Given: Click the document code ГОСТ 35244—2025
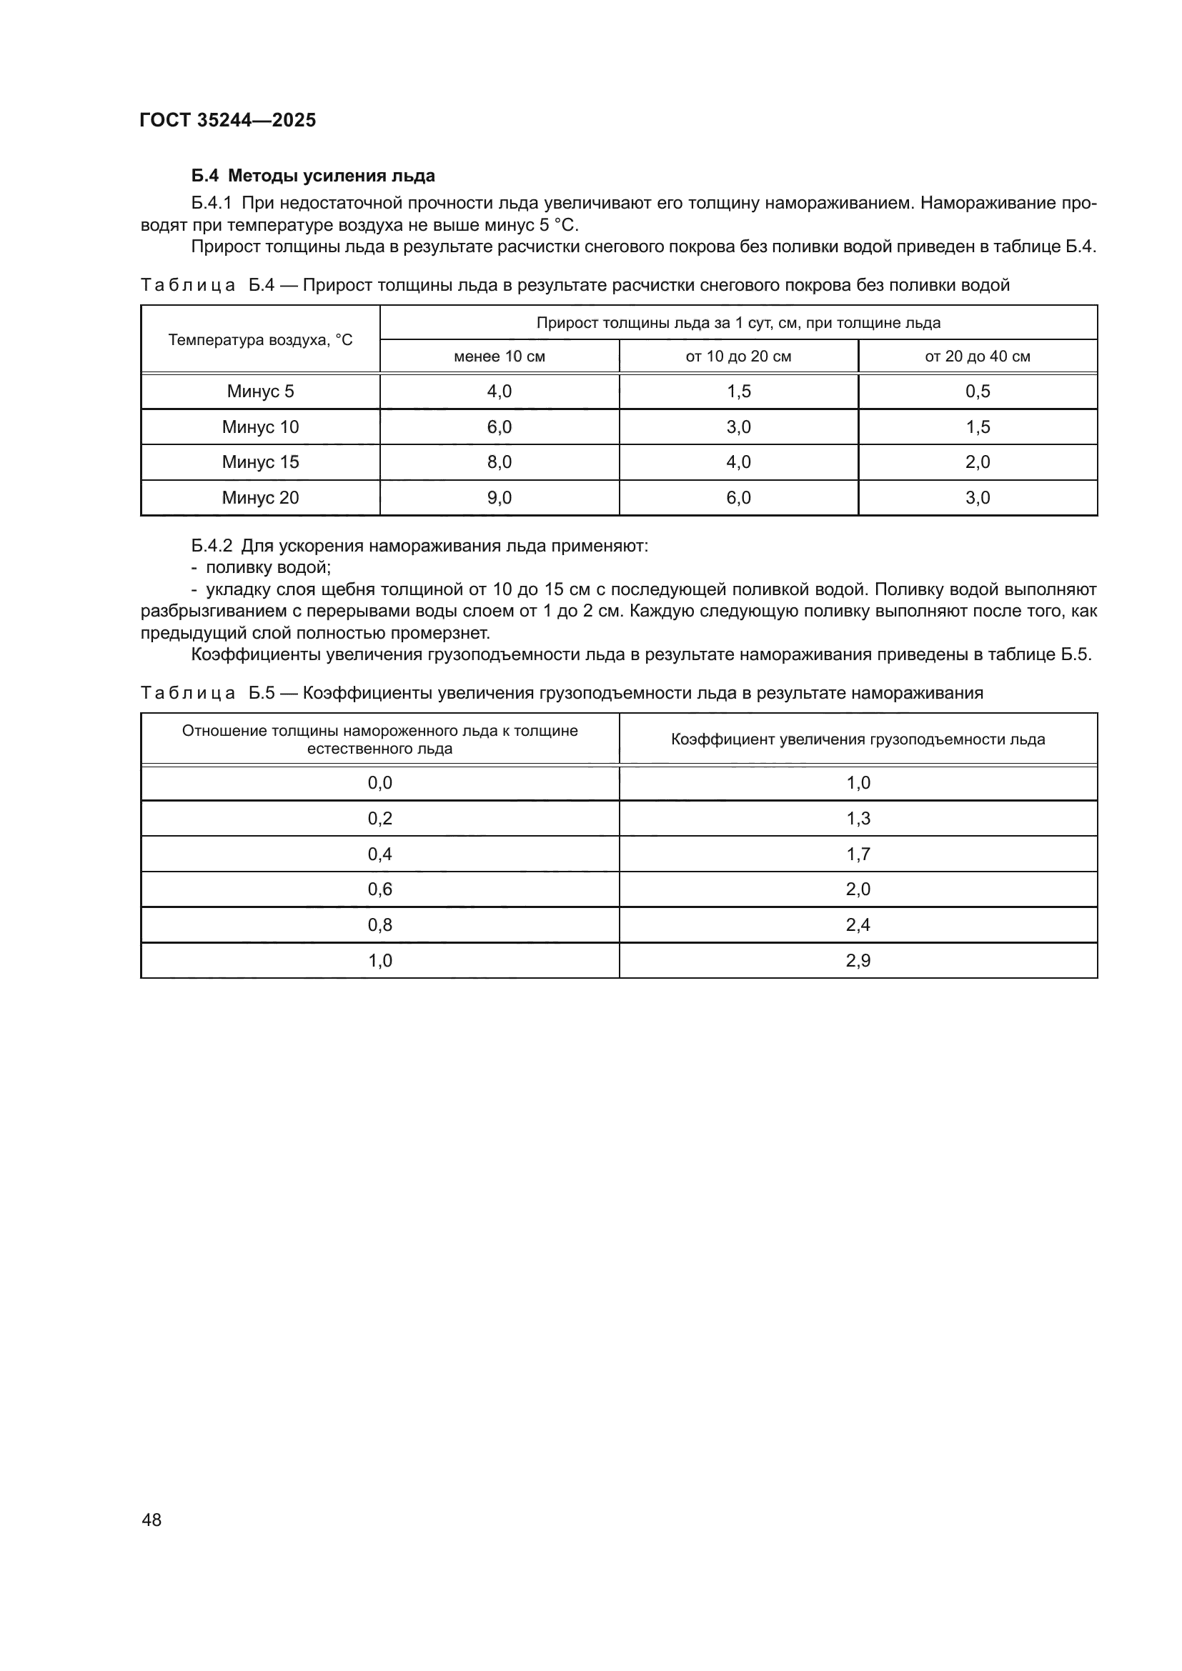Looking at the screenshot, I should pyautogui.click(x=228, y=120).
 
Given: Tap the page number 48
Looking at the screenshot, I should pyautogui.click(x=152, y=1520).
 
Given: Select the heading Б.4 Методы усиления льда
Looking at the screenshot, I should pyautogui.click(x=313, y=176).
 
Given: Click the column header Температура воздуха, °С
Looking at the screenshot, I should pyautogui.click(x=260, y=340).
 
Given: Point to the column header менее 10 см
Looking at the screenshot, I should pyautogui.click(x=500, y=356).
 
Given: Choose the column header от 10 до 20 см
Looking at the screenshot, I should pyautogui.click(x=738, y=356).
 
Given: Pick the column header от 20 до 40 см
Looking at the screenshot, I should pyautogui.click(x=978, y=356).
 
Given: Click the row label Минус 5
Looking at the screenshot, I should pyautogui.click(x=260, y=391).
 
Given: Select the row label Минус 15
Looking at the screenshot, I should pyautogui.click(x=260, y=462).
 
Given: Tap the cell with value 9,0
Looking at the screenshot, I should pyautogui.click(x=500, y=498).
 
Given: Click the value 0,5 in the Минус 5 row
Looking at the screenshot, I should pyautogui.click(x=978, y=391).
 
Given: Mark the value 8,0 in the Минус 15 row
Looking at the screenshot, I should pyautogui.click(x=500, y=462).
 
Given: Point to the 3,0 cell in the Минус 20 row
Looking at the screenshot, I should pyautogui.click(x=978, y=498).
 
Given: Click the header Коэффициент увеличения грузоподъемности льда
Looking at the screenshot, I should pyautogui.click(x=858, y=739).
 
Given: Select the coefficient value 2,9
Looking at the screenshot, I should pyautogui.click(x=858, y=961).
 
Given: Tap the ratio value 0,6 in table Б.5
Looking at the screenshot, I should pyautogui.click(x=380, y=889).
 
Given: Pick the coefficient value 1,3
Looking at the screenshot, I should pyautogui.click(x=858, y=819).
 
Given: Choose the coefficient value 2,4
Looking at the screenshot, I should pyautogui.click(x=858, y=925).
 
